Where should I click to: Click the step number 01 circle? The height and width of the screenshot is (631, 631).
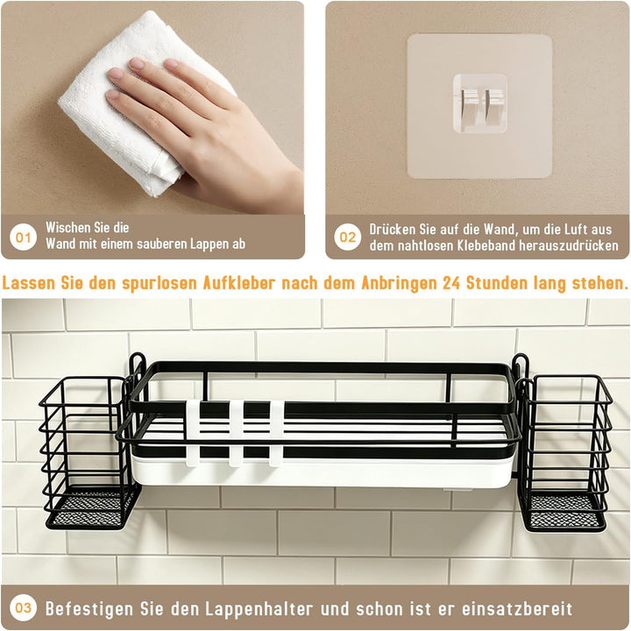click(x=23, y=237)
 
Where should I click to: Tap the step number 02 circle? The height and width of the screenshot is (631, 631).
click(x=347, y=237)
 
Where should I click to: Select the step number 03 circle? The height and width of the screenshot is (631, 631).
click(x=23, y=607)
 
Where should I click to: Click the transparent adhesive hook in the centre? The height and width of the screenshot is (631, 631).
click(x=479, y=103)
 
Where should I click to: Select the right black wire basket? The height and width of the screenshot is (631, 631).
click(x=565, y=453)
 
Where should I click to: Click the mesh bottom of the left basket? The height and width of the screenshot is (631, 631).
click(x=89, y=509)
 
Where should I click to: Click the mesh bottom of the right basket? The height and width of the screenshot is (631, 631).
click(x=564, y=512)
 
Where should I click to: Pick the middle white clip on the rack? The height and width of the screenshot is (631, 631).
click(x=236, y=433)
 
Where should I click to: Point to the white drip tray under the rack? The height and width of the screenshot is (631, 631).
click(x=322, y=471)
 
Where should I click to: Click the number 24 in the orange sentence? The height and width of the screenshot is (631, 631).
click(x=451, y=283)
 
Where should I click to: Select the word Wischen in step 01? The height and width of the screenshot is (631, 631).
click(x=67, y=227)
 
